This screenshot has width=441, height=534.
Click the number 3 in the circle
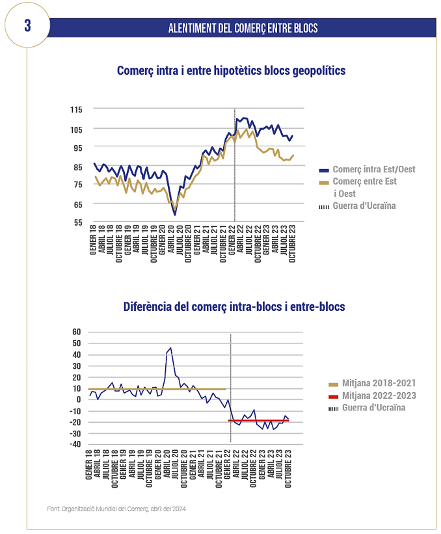[x=27, y=25]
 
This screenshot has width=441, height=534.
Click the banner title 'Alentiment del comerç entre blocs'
[x=243, y=28]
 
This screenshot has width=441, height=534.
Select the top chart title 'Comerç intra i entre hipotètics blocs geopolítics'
[x=231, y=70]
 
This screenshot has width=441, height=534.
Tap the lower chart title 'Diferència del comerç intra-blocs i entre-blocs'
[x=234, y=306]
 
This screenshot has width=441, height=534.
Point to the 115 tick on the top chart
[x=76, y=110]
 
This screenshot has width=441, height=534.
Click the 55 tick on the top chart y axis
[x=78, y=222]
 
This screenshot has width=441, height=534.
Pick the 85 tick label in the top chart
[x=78, y=167]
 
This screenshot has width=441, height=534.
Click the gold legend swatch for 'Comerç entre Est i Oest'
[x=324, y=183]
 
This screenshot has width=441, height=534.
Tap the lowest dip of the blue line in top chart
[x=175, y=215]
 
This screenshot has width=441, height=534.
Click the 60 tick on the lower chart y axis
[x=77, y=332]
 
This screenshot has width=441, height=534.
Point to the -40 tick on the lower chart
[x=75, y=444]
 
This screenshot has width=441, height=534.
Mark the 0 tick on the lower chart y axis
[x=79, y=399]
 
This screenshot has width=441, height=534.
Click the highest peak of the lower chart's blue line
[x=170, y=348]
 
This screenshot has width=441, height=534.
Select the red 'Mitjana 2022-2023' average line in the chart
[x=258, y=421]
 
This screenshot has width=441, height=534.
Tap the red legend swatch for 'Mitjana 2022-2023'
[x=334, y=397]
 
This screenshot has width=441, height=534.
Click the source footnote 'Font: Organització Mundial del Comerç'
[x=116, y=509]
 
